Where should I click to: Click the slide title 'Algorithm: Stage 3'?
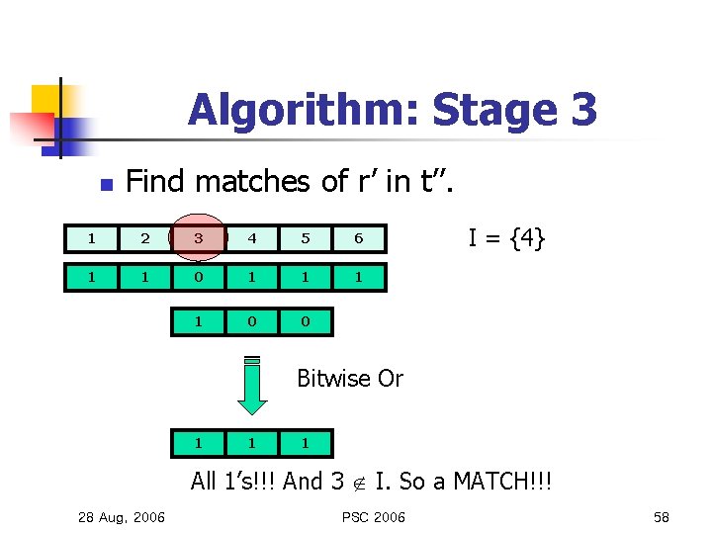tap(393, 110)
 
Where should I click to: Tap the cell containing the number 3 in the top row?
tap(199, 238)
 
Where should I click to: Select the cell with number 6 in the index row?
tap(359, 238)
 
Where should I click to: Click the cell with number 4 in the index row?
tap(252, 238)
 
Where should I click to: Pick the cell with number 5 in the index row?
tap(306, 238)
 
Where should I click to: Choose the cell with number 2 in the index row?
tap(145, 238)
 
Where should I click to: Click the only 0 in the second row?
tap(199, 278)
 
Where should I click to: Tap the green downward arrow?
tap(252, 385)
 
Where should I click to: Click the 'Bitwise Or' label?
tap(350, 379)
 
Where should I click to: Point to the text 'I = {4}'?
tap(506, 238)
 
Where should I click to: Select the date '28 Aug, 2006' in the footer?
tap(122, 517)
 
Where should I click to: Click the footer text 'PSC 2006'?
tap(374, 517)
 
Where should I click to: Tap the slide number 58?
tap(661, 517)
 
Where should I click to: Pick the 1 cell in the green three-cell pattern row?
tap(199, 321)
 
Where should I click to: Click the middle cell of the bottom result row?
tap(252, 443)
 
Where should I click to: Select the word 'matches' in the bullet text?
tap(239, 181)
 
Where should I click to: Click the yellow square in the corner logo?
tap(45, 99)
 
